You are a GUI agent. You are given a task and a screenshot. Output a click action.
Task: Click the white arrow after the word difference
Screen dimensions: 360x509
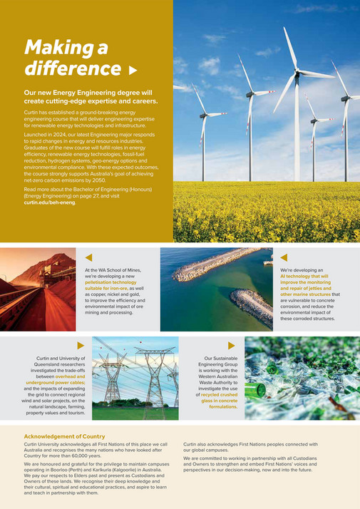[132, 71]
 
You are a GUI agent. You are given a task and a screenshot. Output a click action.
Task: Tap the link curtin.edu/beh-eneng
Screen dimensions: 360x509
[49, 202]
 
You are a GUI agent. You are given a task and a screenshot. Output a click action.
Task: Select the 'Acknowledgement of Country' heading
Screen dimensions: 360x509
[64, 436]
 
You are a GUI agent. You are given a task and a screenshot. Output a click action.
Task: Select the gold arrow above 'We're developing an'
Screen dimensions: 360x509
[284, 257]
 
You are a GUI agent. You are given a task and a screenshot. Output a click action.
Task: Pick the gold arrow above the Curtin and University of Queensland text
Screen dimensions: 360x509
[81, 345]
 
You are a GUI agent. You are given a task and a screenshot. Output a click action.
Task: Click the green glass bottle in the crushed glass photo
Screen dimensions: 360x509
[260, 391]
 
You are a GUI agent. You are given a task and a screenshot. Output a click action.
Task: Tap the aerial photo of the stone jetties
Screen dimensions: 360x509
[216, 289]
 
